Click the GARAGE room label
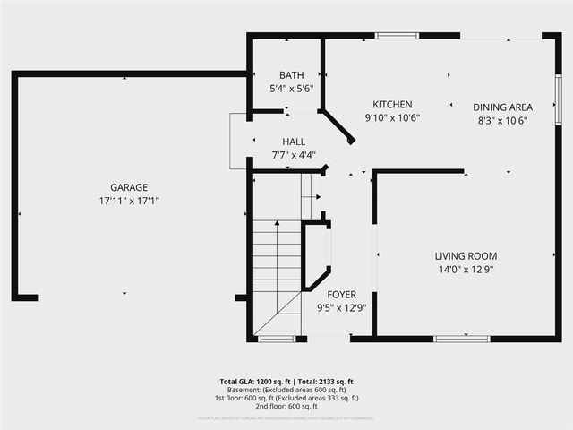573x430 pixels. point(129,187)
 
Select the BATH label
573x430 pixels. point(292,76)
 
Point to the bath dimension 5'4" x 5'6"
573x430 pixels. point(292,89)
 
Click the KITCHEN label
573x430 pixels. point(392,104)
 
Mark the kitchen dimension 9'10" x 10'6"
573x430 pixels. point(392,117)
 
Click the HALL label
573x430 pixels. point(294,142)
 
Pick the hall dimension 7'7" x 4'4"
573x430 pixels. point(294,155)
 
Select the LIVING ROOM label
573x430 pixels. point(466,255)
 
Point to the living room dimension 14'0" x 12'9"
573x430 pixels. point(466,269)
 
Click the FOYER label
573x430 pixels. point(341,295)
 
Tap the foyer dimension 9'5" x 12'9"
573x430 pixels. point(341,308)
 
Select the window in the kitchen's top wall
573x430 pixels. point(390,36)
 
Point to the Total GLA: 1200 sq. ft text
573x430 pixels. point(253,382)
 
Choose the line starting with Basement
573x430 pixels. point(286,390)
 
